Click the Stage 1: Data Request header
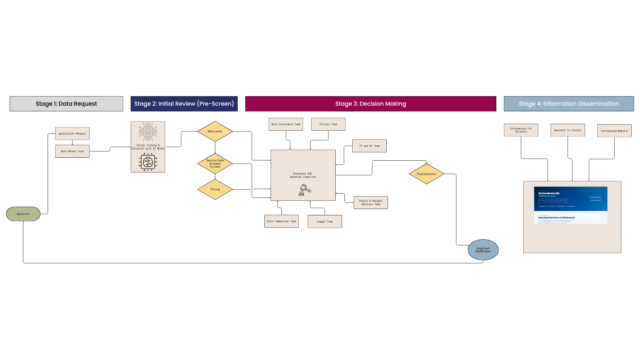[66, 104]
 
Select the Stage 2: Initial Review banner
[184, 104]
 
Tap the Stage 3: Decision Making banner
[370, 104]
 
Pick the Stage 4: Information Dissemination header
[568, 104]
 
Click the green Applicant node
[23, 214]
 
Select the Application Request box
[72, 133]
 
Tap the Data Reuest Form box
[72, 151]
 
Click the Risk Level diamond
[215, 131]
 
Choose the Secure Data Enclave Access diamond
[215, 163]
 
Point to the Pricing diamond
[215, 189]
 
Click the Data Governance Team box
[286, 124]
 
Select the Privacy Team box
[328, 124]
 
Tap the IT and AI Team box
[369, 146]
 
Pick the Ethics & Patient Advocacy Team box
[371, 202]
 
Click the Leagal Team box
[325, 221]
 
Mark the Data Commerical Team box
[281, 221]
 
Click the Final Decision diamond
[426, 174]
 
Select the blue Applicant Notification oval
[483, 250]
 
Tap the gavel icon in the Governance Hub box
[304, 190]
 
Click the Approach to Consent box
[567, 130]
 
